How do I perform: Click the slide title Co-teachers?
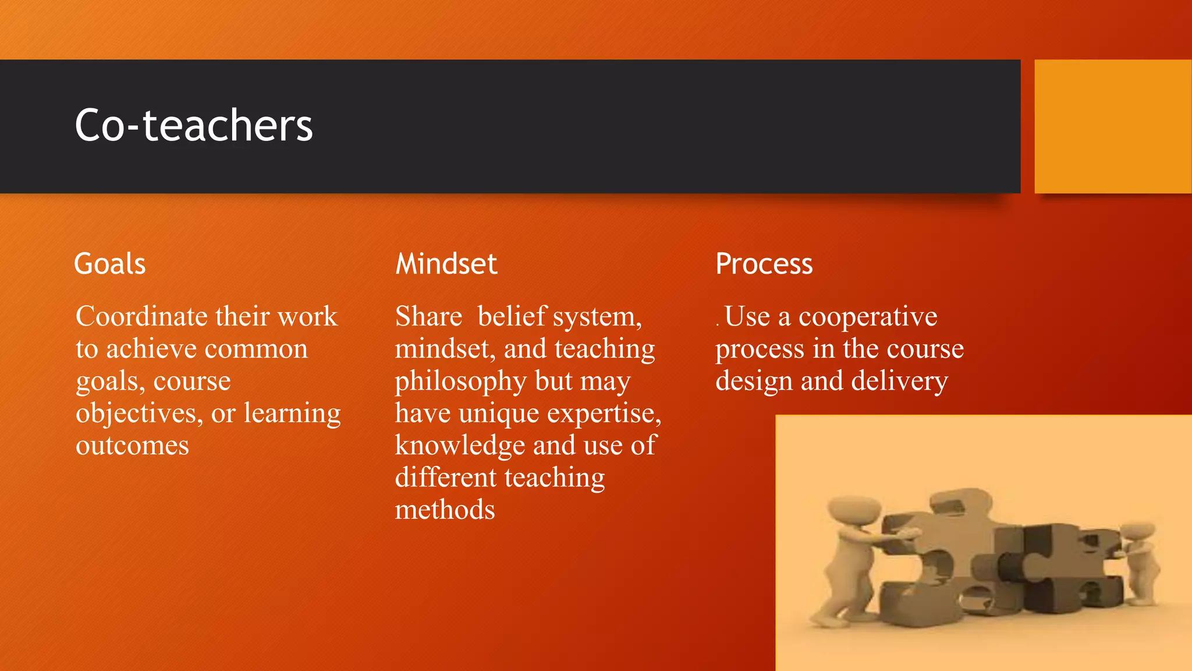coord(194,125)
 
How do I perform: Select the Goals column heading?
coord(110,264)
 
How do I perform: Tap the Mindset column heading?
coord(446,264)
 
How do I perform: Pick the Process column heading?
coord(764,264)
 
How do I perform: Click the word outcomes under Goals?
coord(133,446)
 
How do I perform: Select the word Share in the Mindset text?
coord(428,317)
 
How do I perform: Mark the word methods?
coord(445,510)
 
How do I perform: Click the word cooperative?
coord(867,317)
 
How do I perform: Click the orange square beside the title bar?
coord(1112,126)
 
